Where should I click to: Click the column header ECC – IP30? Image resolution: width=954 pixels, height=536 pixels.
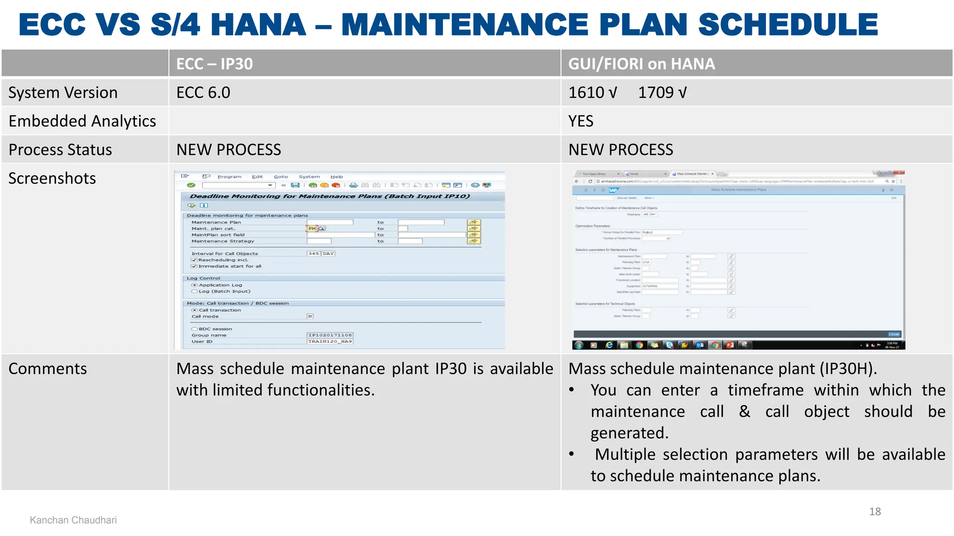click(x=214, y=64)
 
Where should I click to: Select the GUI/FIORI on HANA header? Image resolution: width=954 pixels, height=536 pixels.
click(x=641, y=64)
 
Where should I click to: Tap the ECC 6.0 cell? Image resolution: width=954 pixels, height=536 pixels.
click(x=203, y=93)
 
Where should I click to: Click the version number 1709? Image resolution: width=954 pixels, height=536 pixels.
click(x=655, y=93)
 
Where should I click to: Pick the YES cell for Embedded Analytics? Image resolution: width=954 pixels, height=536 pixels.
click(x=580, y=121)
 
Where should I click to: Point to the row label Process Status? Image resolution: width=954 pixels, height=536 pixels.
click(x=60, y=150)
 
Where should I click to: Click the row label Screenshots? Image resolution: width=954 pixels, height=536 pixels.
click(x=52, y=178)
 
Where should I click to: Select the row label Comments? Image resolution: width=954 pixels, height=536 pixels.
click(x=48, y=368)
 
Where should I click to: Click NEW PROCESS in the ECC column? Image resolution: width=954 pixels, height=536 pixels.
click(x=228, y=150)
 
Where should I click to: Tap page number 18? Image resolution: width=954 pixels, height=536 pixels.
click(x=875, y=511)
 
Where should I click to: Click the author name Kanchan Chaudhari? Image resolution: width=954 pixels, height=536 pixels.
click(x=73, y=520)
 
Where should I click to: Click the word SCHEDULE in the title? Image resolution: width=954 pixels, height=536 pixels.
click(x=788, y=25)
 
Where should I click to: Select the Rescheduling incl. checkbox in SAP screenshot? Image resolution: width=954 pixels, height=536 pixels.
click(x=194, y=260)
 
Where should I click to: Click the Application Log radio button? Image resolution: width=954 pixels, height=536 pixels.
click(x=195, y=285)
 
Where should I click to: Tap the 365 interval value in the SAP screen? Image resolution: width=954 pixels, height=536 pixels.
click(x=313, y=254)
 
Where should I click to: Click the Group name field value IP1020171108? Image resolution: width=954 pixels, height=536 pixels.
click(x=330, y=335)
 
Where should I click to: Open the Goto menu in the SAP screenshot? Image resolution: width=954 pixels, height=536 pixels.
click(x=280, y=177)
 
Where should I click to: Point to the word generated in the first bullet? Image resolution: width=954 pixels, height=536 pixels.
click(x=629, y=433)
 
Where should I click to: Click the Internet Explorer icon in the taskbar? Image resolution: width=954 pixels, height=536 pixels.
click(x=609, y=345)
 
